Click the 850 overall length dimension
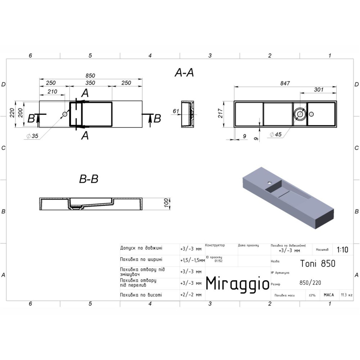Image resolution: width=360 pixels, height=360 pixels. [90, 76]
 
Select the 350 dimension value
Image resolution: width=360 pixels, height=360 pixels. [90, 83]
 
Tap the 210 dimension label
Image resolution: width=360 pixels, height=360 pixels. [52, 91]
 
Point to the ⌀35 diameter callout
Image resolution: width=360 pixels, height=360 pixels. [32, 136]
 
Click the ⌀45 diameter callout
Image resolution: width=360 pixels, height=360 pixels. [276, 134]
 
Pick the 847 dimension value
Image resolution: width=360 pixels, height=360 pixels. [285, 84]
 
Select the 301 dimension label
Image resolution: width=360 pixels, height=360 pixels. [319, 90]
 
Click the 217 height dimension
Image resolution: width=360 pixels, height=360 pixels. [220, 113]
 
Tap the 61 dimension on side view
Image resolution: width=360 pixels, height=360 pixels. [176, 111]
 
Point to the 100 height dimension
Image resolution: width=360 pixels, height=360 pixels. [166, 203]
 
